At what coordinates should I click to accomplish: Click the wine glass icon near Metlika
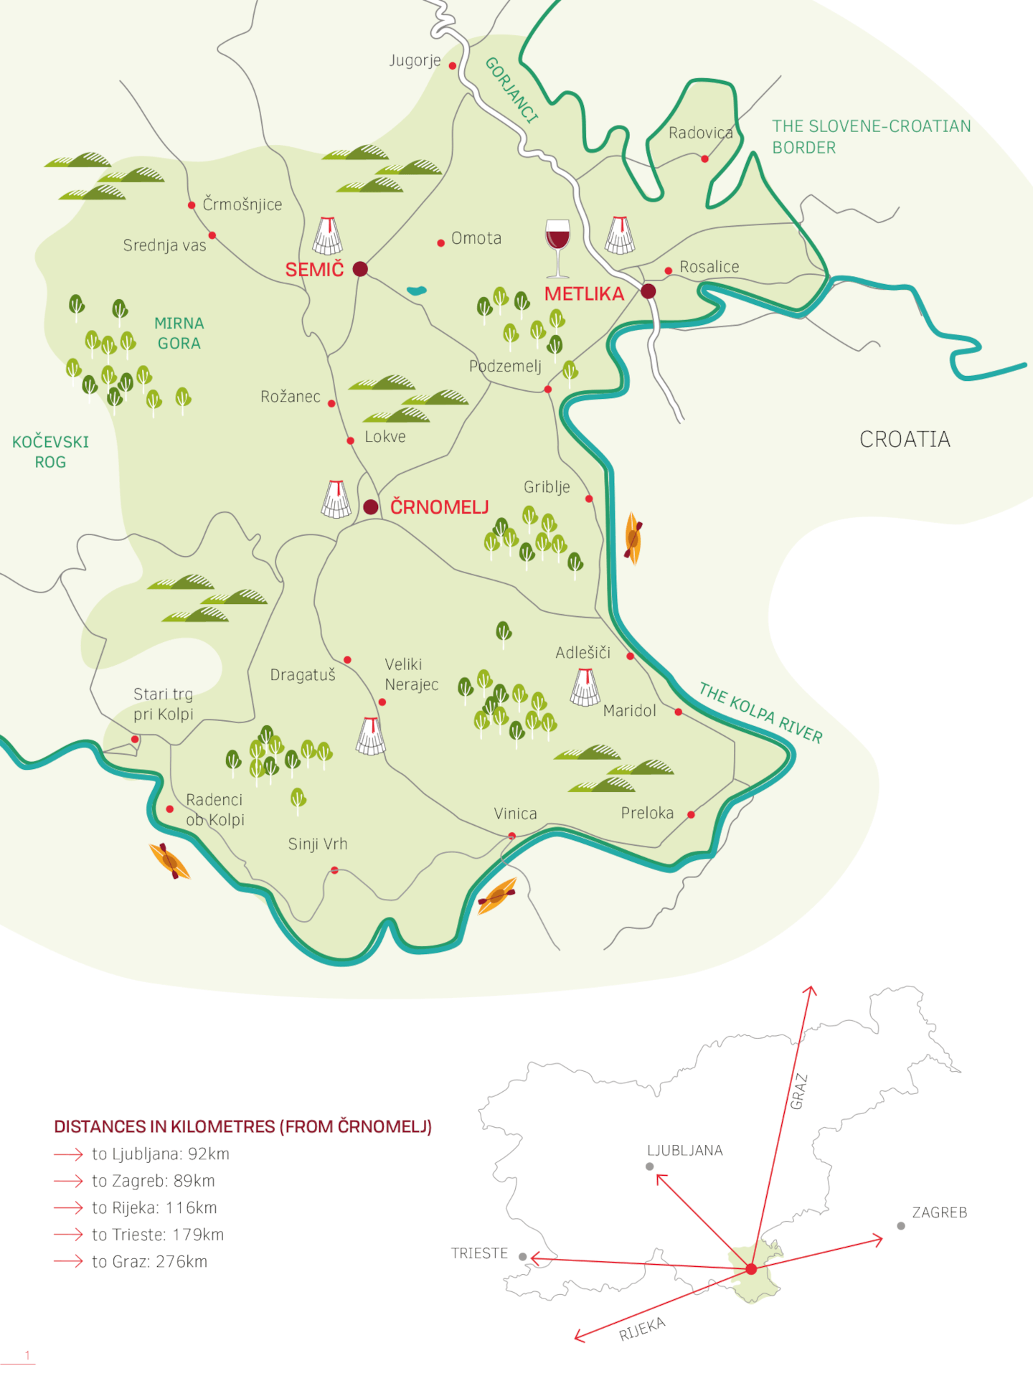point(557,247)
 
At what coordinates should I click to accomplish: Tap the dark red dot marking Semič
point(360,269)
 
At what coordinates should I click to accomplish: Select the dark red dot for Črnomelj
point(371,507)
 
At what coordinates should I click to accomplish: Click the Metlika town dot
point(648,291)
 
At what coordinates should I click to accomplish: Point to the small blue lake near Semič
point(416,291)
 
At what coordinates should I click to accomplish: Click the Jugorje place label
point(415,61)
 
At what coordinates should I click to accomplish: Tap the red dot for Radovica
point(704,159)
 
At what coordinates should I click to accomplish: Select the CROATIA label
point(905,439)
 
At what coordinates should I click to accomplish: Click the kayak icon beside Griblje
point(633,538)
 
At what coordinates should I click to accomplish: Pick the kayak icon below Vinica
point(496,896)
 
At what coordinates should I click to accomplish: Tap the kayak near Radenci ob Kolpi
point(169,861)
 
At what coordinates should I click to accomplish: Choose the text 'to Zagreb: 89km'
point(153,1181)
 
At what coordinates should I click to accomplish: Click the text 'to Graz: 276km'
point(149,1262)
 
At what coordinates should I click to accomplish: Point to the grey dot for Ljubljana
point(650,1166)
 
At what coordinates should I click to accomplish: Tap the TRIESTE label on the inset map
point(479,1253)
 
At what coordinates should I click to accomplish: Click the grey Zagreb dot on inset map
point(901,1226)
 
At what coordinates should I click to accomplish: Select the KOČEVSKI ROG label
point(50,452)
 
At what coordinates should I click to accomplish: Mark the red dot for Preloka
point(691,814)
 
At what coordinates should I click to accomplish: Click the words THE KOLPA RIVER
point(760,713)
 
